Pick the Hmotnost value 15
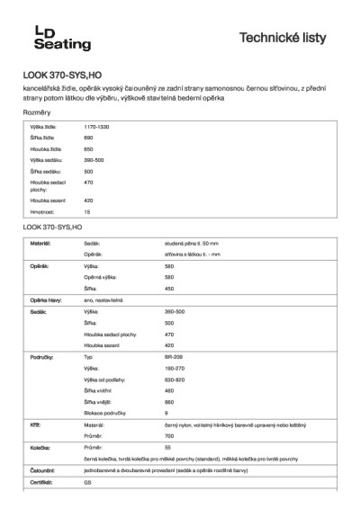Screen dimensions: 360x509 [x=87, y=212]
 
